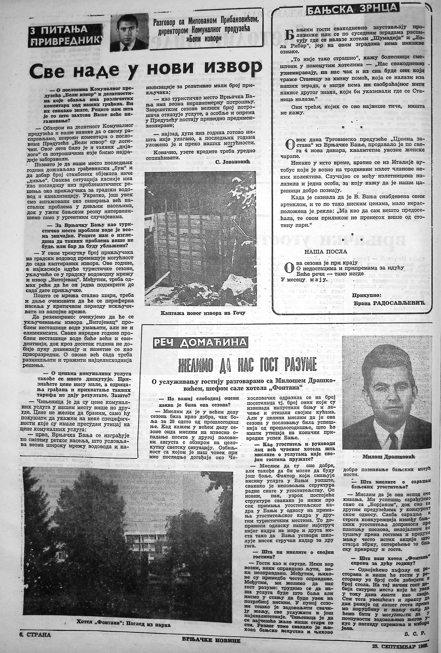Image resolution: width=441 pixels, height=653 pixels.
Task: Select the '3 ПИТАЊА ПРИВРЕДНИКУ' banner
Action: pos(67,36)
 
